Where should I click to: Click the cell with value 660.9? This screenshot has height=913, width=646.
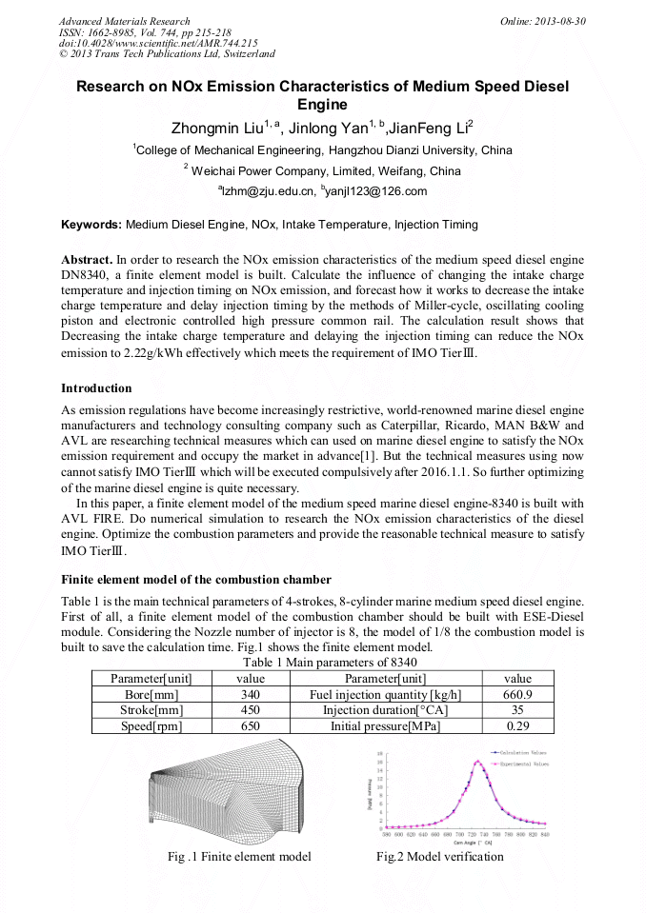517,695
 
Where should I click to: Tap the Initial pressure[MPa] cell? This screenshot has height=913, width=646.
385,725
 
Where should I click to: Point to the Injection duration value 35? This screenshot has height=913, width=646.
517,710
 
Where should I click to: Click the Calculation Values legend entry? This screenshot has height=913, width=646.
523,752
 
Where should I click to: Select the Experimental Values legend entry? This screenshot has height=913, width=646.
523,763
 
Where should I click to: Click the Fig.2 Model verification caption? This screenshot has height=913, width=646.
439,857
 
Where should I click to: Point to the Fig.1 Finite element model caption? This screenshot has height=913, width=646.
239,857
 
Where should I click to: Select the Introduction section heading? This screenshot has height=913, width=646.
96,388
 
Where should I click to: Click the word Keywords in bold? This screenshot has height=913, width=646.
91,226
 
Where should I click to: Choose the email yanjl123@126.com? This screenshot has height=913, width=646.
374,191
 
